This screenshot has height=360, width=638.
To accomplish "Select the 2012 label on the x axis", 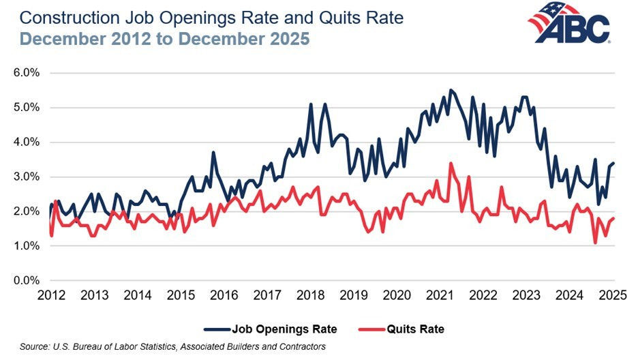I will click(51, 296).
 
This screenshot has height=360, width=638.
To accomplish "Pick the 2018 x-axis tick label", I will click(311, 296).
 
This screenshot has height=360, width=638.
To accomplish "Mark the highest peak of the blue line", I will click(451, 90).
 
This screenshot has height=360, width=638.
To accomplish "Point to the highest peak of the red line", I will click(451, 163).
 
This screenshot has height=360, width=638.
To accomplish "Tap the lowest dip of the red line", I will click(595, 243).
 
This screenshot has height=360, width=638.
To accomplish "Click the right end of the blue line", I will click(614, 163).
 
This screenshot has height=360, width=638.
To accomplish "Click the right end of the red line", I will click(614, 218).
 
